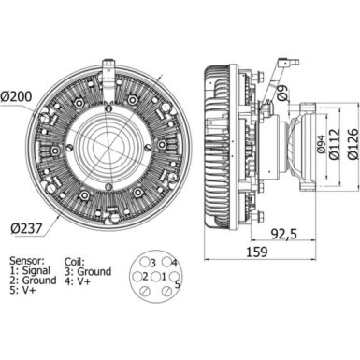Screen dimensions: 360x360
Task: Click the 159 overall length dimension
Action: [256, 252]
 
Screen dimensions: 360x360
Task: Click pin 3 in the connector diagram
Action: [151, 265]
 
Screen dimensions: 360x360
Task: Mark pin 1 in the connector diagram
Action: [164, 278]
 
